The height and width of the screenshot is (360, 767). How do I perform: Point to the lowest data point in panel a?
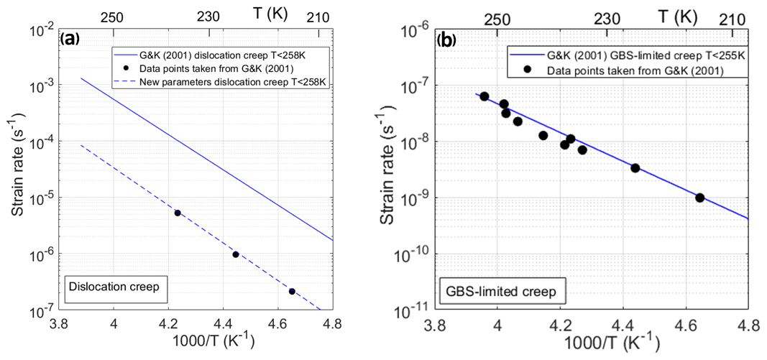pos(292,291)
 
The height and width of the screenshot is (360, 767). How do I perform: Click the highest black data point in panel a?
pos(178,213)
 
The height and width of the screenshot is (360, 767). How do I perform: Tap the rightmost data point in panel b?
pos(699,198)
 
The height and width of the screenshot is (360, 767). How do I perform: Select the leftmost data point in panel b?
pos(484,96)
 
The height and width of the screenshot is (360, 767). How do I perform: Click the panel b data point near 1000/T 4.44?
pos(635,167)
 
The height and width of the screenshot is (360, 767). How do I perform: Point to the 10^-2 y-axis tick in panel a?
pos(45,30)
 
